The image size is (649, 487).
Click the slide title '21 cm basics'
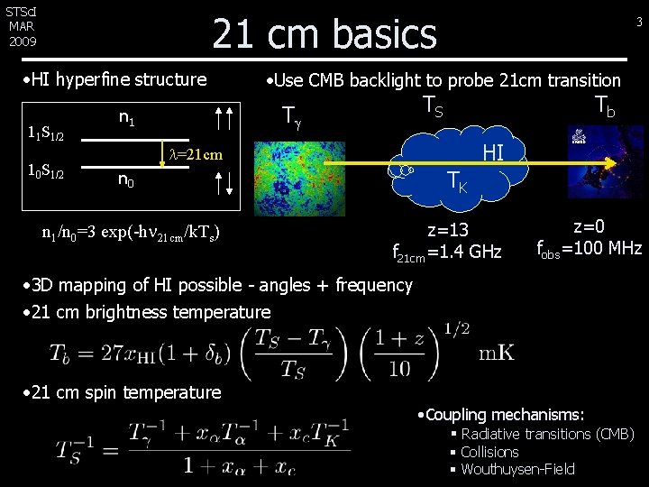324,34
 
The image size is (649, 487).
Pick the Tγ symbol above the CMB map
290,115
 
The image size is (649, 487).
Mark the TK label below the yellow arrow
458,184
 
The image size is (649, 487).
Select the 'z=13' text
448,230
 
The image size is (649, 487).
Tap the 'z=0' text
589,227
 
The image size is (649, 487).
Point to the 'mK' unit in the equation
498,352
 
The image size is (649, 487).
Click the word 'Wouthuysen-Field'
517,469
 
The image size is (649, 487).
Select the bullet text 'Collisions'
489,452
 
